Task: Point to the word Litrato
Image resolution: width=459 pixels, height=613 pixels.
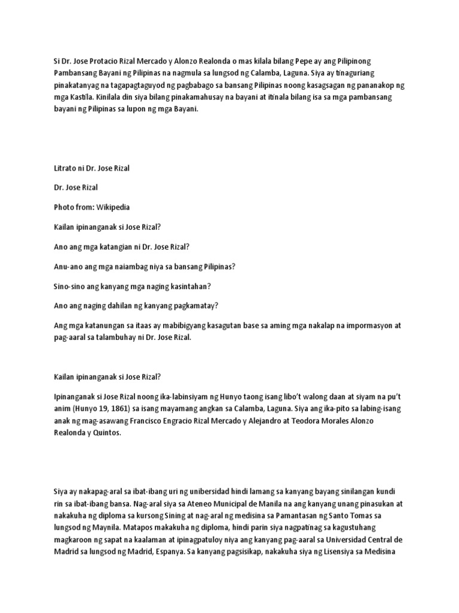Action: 66,168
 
